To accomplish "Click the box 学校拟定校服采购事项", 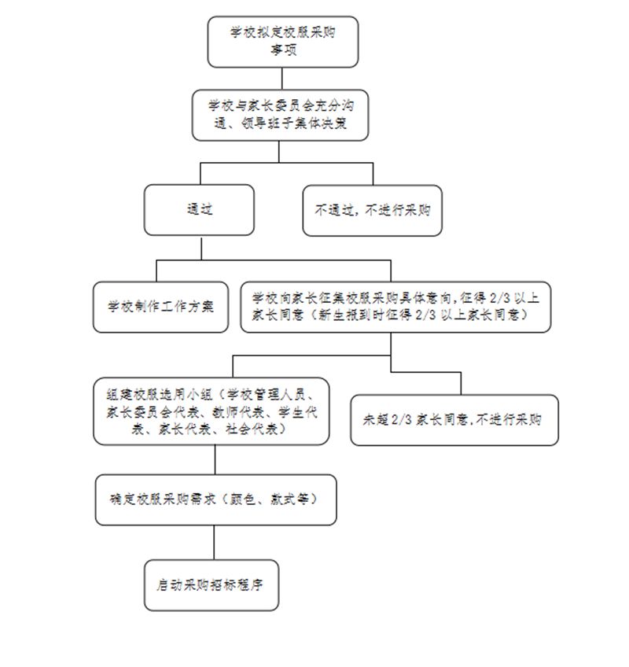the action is tap(283, 42).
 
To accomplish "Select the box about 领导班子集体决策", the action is tap(280, 115).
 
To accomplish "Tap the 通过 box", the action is tap(199, 210).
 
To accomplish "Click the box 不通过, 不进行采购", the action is tap(372, 210).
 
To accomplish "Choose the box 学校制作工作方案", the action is tap(160, 307).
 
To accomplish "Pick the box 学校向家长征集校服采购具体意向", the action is tap(395, 307).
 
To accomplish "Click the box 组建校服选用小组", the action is tap(212, 411).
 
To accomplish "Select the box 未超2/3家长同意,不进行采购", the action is tap(454, 420).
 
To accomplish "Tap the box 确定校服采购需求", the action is tap(216, 499).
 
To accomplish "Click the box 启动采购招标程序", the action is tap(212, 585).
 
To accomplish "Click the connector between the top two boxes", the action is tap(282, 79).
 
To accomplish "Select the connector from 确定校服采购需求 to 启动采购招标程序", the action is tap(214, 543).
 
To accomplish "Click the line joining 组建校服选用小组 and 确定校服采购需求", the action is tap(215, 460).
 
